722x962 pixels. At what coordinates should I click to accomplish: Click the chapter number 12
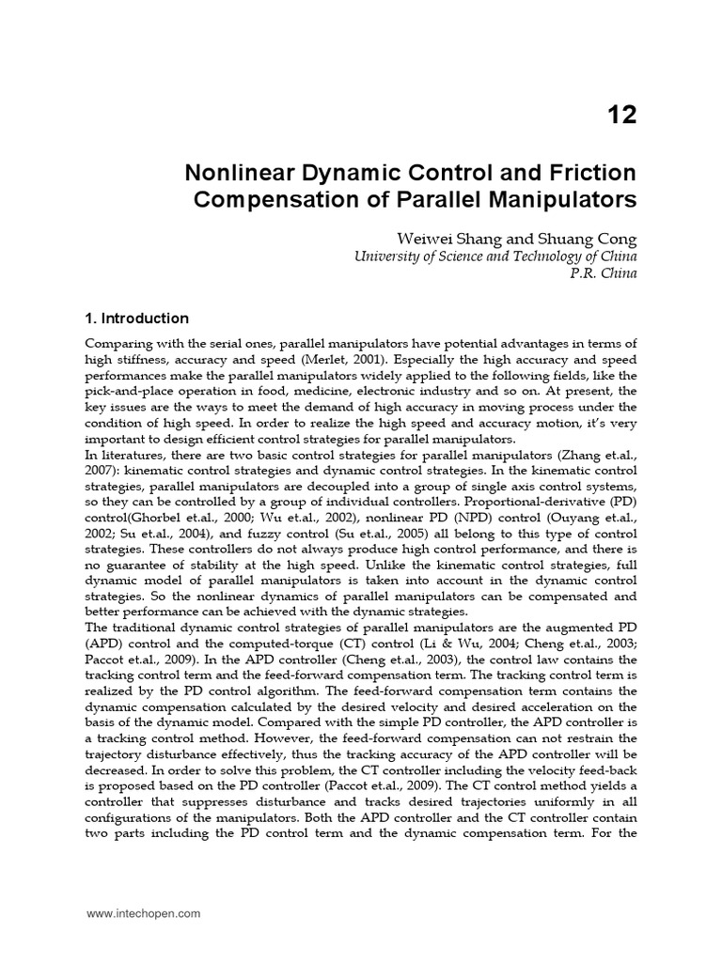620,115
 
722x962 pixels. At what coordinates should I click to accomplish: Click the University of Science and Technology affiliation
494,256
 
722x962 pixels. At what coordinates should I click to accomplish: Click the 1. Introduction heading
137,318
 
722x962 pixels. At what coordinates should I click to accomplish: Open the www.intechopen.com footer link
143,912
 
